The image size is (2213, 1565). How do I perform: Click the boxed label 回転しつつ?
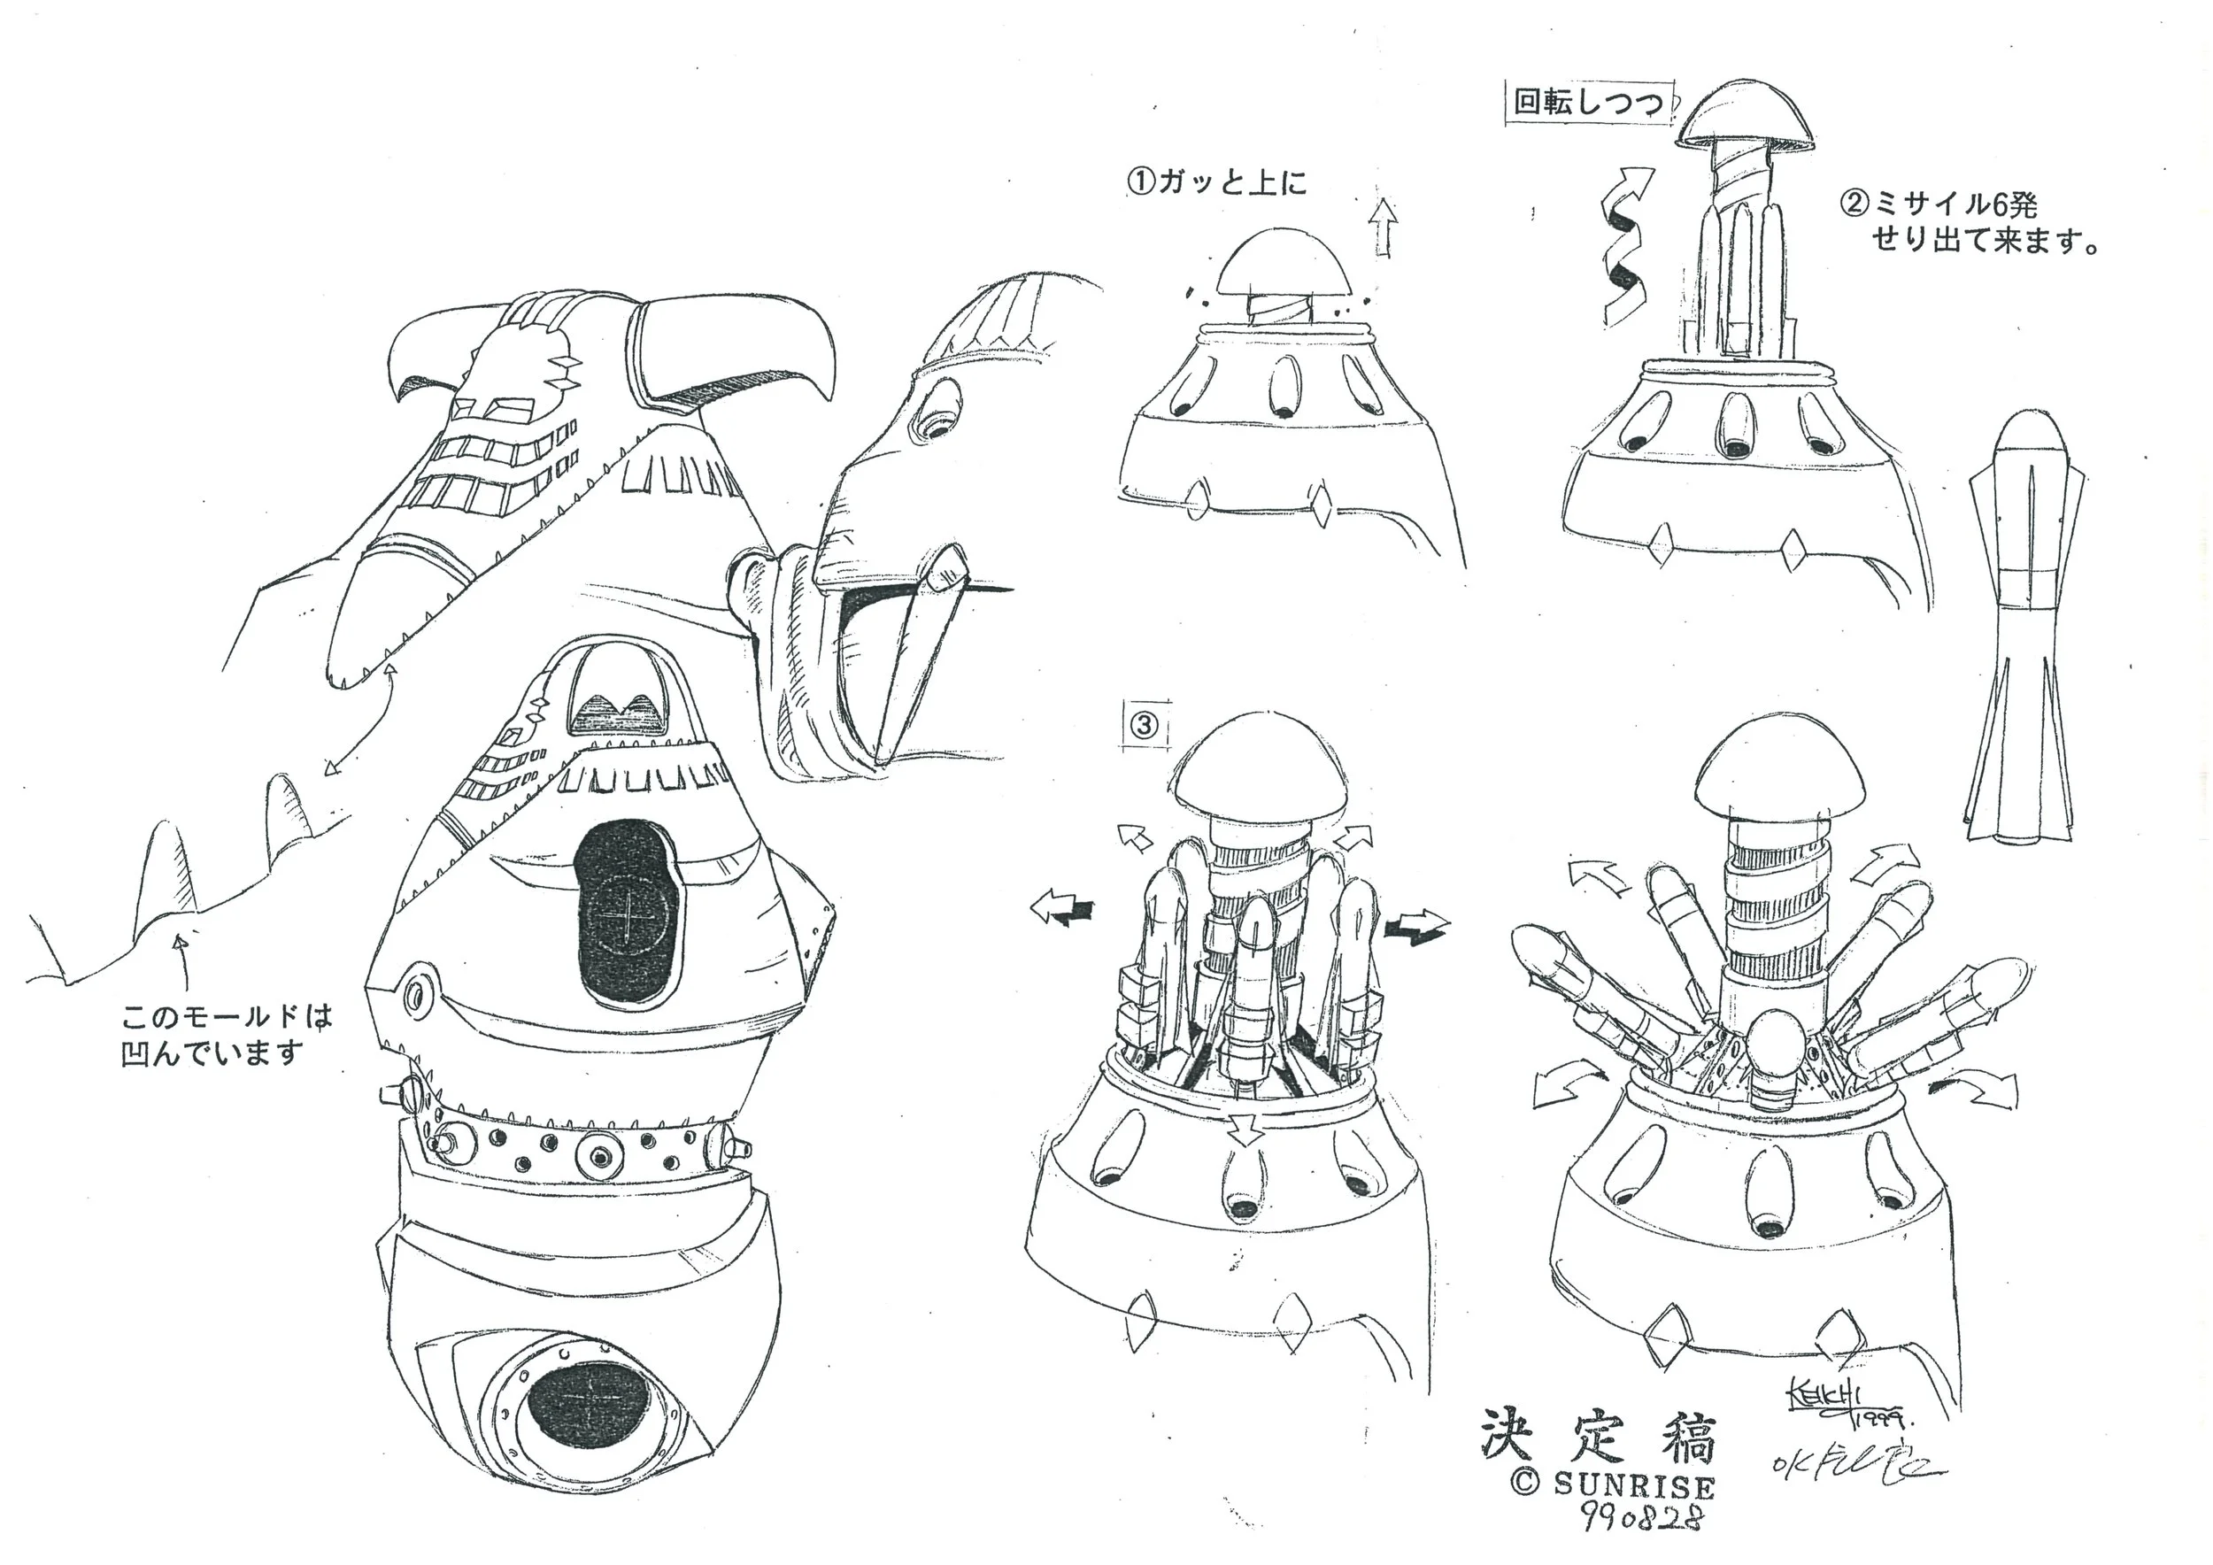[x=1588, y=103]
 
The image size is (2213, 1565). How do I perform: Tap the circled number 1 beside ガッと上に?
[x=1141, y=181]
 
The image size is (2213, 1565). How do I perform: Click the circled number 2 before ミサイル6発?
[x=1854, y=204]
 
